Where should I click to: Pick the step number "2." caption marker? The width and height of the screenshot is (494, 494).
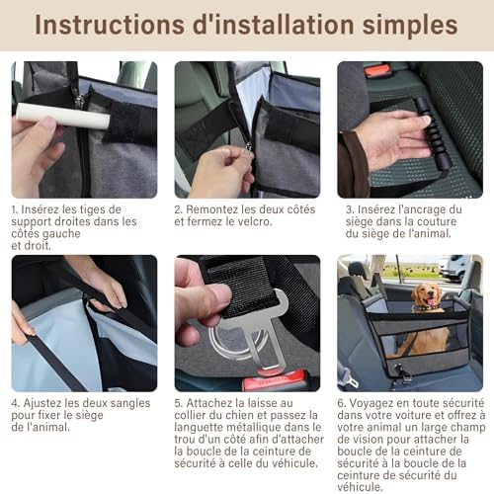[179, 209]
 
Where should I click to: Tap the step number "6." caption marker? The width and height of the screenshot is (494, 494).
[342, 403]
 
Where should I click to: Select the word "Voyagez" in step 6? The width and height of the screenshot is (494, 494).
[376, 403]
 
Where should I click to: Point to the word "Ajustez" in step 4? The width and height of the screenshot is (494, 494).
[49, 403]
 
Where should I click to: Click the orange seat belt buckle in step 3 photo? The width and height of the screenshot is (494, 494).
[376, 70]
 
